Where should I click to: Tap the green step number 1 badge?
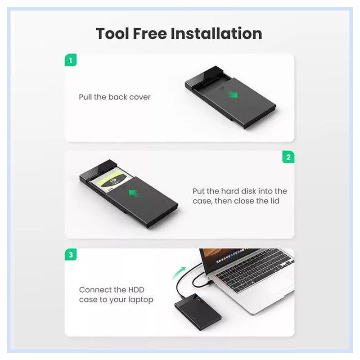(71, 60)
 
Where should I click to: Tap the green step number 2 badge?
(288, 157)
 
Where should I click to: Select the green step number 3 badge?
(71, 255)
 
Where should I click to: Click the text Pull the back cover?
(115, 97)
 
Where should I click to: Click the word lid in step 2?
(274, 201)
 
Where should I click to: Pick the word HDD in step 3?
(133, 290)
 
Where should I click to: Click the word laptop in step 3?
(141, 300)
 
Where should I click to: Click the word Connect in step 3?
(95, 290)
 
